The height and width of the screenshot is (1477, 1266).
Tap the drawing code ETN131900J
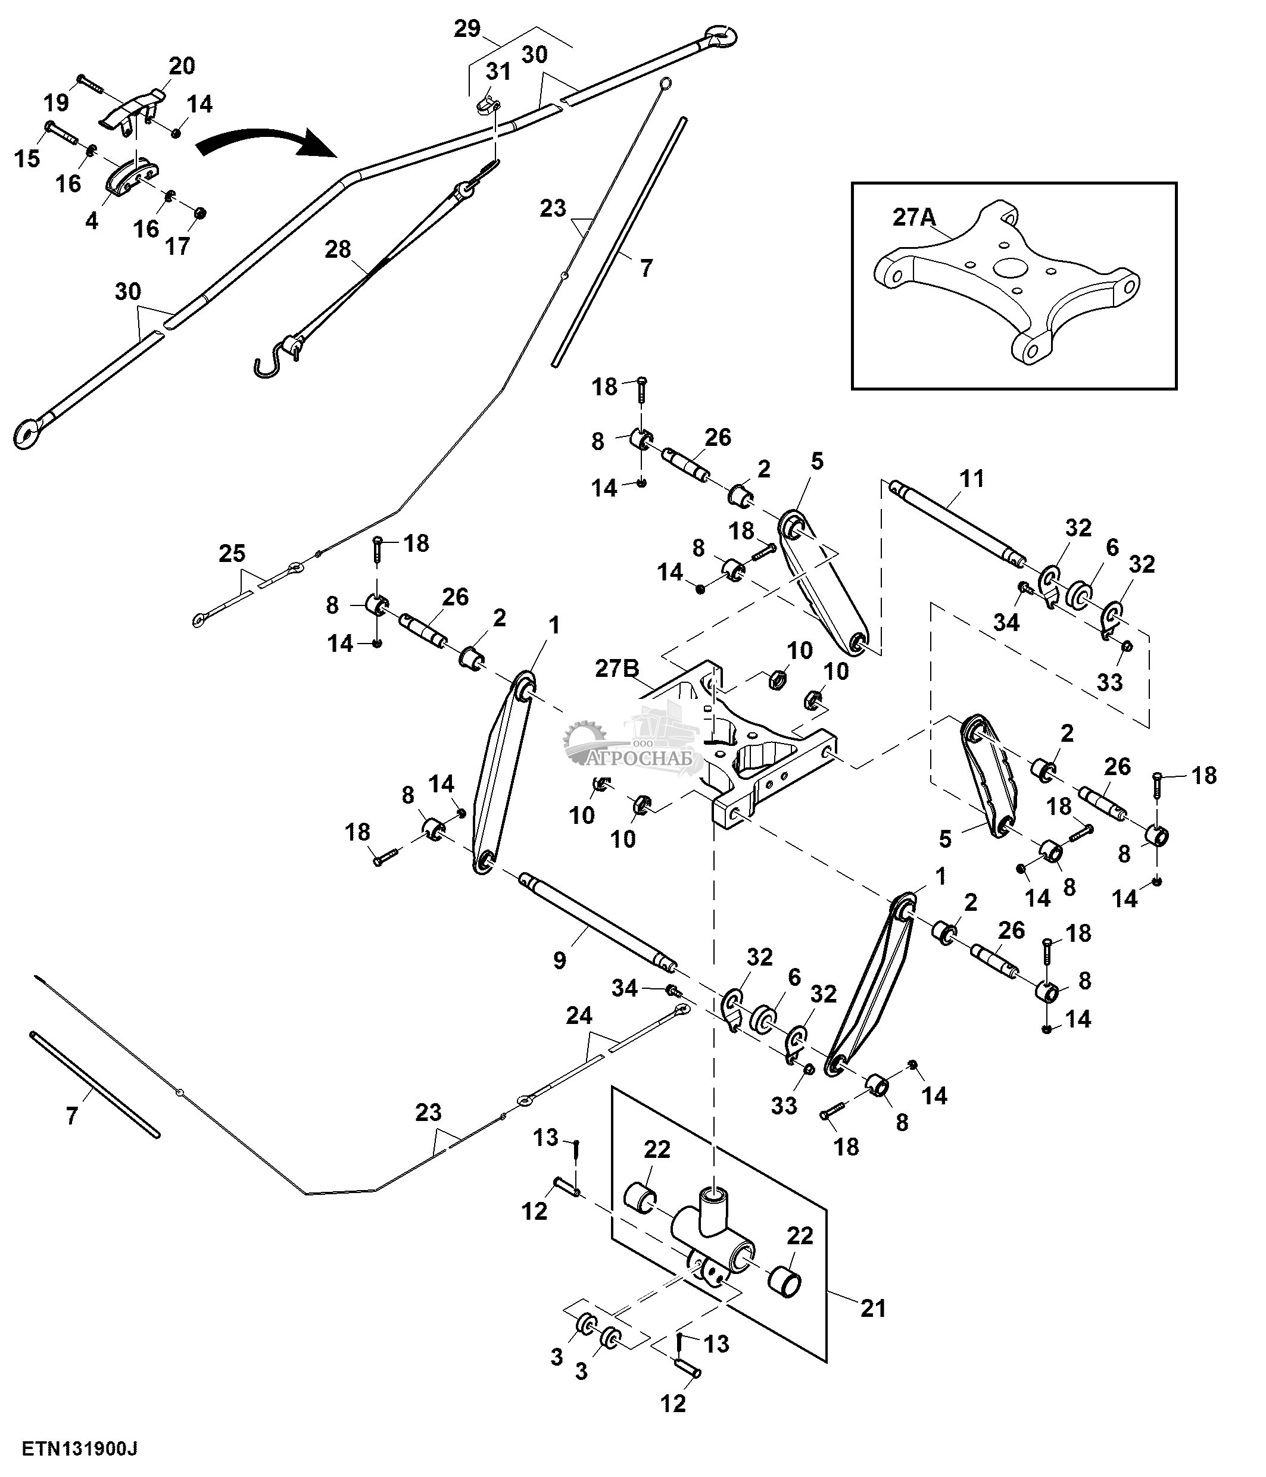pyautogui.click(x=79, y=1448)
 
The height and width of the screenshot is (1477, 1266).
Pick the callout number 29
pyautogui.click(x=467, y=29)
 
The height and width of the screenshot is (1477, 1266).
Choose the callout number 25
pyautogui.click(x=232, y=553)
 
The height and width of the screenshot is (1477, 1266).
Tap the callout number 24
pyautogui.click(x=578, y=1016)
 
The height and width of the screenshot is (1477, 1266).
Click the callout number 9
pyautogui.click(x=560, y=961)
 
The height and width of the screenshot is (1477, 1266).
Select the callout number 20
pyautogui.click(x=182, y=65)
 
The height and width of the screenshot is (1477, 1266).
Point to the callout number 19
pyautogui.click(x=57, y=102)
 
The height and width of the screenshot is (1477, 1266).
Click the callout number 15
pyautogui.click(x=27, y=158)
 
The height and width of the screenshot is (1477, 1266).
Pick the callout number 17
pyautogui.click(x=177, y=246)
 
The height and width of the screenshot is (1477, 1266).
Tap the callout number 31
pyautogui.click(x=499, y=71)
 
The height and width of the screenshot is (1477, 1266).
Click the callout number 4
pyautogui.click(x=91, y=221)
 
